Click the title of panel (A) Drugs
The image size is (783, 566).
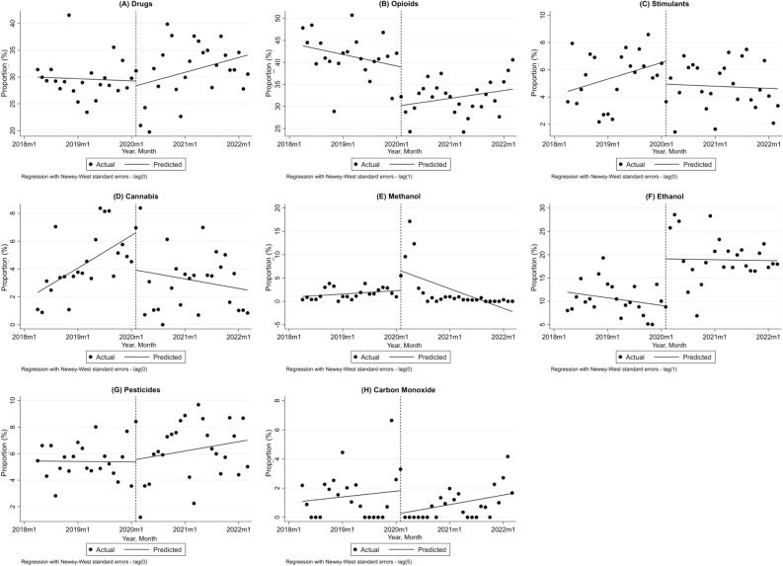point(138,4)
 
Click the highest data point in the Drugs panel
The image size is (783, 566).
point(68,15)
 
